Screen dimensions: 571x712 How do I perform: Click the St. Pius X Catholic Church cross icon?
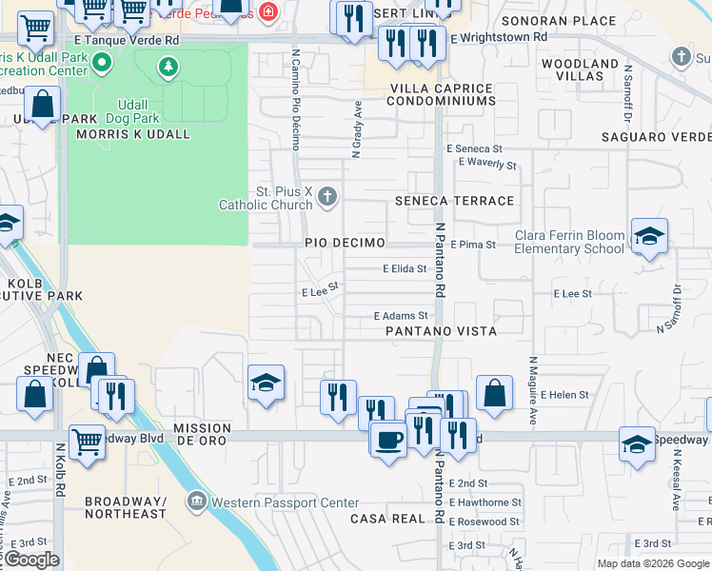tap(327, 197)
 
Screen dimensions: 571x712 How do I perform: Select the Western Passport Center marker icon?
tap(197, 501)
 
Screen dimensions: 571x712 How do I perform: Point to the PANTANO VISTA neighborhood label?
tap(441, 331)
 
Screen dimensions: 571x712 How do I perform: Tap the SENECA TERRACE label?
tap(454, 201)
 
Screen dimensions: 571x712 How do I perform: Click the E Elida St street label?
tap(405, 269)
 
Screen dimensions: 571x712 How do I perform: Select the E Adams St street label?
tap(400, 315)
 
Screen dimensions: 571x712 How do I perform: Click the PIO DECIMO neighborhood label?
tap(345, 243)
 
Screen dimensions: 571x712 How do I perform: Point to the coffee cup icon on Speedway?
tap(387, 440)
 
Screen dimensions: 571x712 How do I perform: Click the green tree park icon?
tap(168, 67)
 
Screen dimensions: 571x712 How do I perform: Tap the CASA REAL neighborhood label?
tap(386, 519)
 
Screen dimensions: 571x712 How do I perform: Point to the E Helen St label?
tap(564, 394)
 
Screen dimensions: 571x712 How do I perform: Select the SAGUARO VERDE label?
tap(656, 137)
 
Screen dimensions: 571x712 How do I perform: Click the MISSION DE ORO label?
tap(203, 435)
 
